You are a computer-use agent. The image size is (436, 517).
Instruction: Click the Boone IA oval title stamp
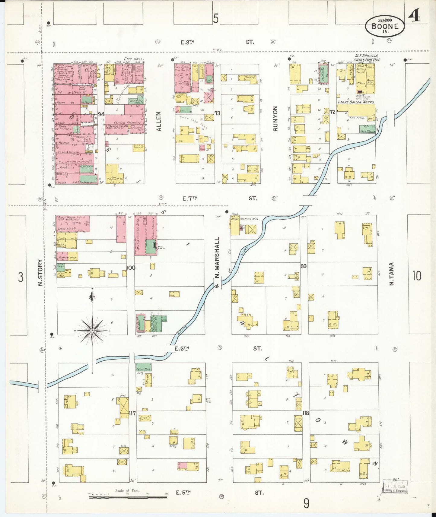(385, 26)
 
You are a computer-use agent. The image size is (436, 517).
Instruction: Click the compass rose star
(92, 331)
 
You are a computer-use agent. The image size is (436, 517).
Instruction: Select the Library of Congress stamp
(395, 486)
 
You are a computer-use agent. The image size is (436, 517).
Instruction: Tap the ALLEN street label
(159, 121)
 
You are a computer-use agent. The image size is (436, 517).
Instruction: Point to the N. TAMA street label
(391, 274)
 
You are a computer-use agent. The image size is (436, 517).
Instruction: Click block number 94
(101, 114)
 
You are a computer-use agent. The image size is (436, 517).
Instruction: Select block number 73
(217, 113)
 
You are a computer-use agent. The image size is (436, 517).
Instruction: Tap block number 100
(131, 268)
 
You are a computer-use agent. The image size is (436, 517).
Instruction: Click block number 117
(132, 413)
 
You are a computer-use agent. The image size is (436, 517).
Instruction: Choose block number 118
(305, 413)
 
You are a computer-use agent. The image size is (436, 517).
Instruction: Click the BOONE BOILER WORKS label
(356, 102)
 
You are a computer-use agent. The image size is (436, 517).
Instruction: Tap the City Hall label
(134, 59)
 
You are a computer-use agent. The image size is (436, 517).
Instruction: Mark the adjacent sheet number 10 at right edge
(417, 275)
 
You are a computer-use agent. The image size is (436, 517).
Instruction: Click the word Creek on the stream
(245, 252)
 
